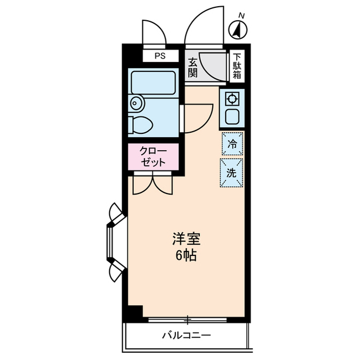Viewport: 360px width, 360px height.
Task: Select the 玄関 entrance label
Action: [192, 67]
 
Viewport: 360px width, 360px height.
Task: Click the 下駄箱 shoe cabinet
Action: [237, 66]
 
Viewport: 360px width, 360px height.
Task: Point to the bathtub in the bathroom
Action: [152, 83]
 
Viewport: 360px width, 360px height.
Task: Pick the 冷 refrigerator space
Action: [231, 143]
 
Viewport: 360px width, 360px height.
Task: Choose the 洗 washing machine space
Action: [231, 173]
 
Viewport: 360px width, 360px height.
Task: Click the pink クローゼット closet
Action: [153, 157]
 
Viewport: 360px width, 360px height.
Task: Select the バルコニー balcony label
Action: [186, 336]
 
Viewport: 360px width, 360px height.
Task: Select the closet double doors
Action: [152, 183]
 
